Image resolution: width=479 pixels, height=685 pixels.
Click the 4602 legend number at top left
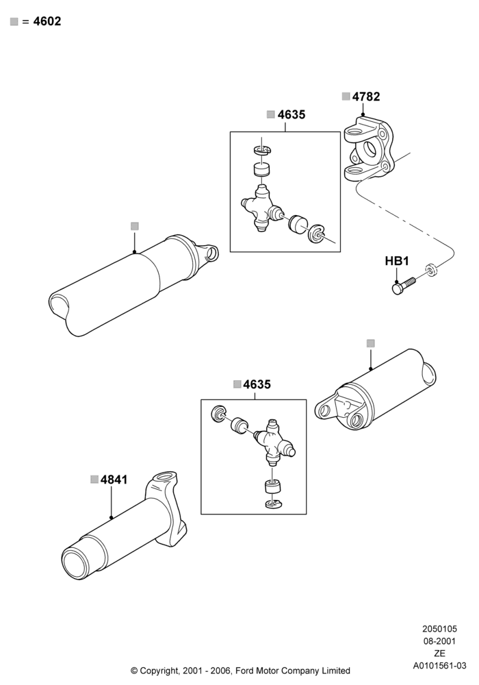pyautogui.click(x=47, y=21)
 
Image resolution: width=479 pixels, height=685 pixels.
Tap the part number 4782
pyautogui.click(x=366, y=97)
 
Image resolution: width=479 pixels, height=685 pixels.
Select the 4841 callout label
pyautogui.click(x=114, y=480)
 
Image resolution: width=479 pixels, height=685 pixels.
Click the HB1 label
pyautogui.click(x=397, y=261)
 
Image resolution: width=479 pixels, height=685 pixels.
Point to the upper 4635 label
pyautogui.click(x=292, y=114)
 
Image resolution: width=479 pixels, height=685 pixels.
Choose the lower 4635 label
pyautogui.click(x=257, y=384)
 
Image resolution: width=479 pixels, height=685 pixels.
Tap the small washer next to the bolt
pyautogui.click(x=432, y=269)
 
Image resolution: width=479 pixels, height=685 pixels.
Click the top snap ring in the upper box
pyautogui.click(x=262, y=150)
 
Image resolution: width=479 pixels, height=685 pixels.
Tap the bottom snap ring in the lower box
pyautogui.click(x=273, y=503)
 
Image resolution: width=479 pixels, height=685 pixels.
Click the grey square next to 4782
pyautogui.click(x=346, y=97)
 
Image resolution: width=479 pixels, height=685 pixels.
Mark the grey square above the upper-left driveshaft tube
pyautogui.click(x=135, y=226)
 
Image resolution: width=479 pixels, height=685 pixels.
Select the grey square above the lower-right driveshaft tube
pyautogui.click(x=370, y=343)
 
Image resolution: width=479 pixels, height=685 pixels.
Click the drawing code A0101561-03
pyautogui.click(x=440, y=666)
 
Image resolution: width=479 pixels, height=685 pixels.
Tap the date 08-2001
pyautogui.click(x=440, y=641)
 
